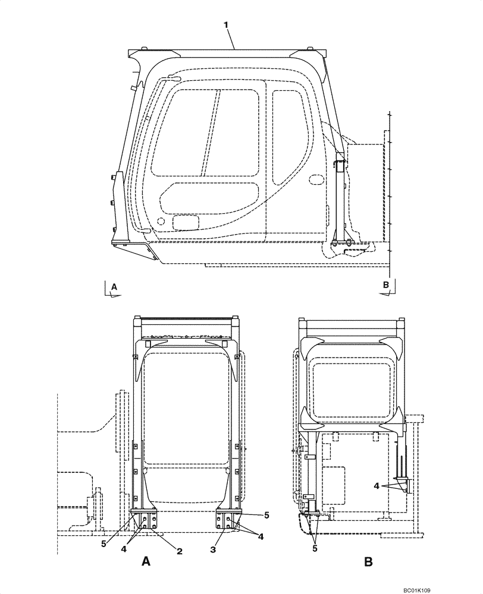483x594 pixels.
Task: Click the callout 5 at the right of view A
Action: click(x=267, y=516)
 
